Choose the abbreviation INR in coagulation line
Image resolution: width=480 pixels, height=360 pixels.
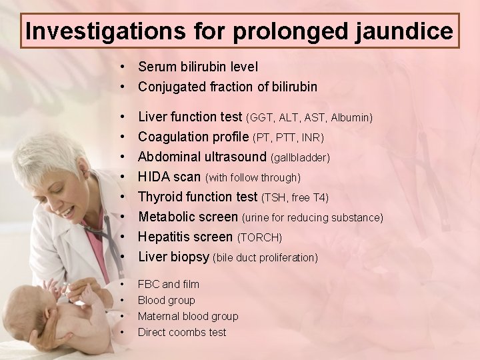(311, 138)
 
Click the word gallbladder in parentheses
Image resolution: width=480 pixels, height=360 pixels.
(300, 158)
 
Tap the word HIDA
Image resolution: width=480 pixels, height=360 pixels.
(153, 177)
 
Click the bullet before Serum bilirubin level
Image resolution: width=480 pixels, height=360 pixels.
(124, 67)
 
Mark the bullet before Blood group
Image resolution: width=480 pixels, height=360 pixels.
(124, 301)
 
